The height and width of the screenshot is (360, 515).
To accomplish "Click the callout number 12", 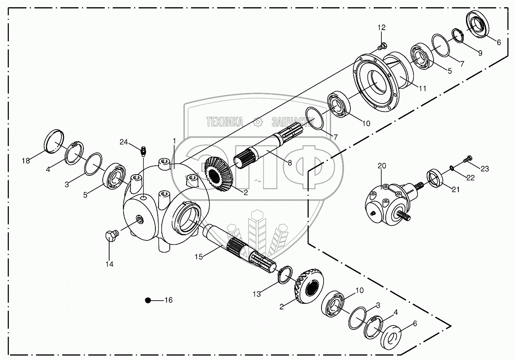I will [x=381, y=27].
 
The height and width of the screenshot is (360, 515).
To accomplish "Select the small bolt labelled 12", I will [x=382, y=46].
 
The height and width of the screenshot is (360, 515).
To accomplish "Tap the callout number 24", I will [x=124, y=142].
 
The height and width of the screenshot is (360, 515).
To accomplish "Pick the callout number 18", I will [x=26, y=161].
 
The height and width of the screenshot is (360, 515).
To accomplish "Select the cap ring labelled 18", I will [x=53, y=141].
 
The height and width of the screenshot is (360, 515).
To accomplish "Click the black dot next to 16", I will [x=148, y=300].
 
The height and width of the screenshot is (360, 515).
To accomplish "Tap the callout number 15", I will [x=199, y=256].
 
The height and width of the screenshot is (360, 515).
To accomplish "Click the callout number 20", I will [x=381, y=165].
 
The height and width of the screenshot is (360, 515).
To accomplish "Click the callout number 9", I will [x=480, y=52].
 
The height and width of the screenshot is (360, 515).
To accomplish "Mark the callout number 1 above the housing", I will [x=174, y=140].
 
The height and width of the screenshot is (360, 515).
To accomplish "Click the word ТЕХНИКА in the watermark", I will [x=225, y=122].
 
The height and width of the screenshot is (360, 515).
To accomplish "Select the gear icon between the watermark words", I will [x=258, y=122].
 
